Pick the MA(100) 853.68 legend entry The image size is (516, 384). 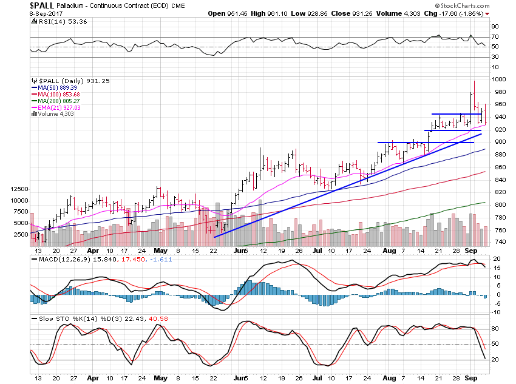coord(54,94)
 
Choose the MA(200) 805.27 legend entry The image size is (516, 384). coord(54,101)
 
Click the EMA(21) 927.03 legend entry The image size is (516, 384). coord(54,107)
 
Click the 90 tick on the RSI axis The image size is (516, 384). coord(495,27)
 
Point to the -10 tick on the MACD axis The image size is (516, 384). coord(495,312)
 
